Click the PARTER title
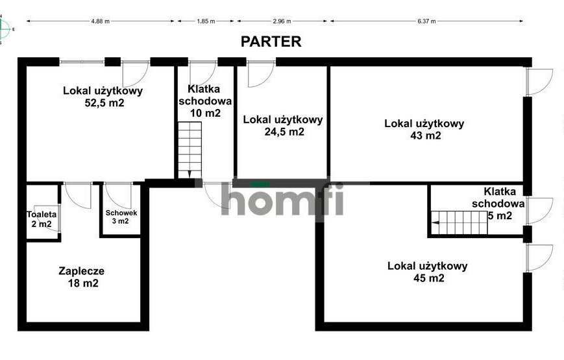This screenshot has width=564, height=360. (x=271, y=42)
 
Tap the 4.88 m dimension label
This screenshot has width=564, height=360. (x=101, y=21)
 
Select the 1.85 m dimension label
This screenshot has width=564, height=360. (x=206, y=21)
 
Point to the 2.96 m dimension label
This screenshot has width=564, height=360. (x=282, y=21)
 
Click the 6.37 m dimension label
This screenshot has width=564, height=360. (x=426, y=21)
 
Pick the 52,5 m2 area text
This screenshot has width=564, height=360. (x=104, y=103)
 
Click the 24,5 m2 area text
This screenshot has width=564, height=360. (x=284, y=132)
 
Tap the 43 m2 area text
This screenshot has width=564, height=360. (x=426, y=136)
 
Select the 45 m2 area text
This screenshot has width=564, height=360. (x=429, y=278)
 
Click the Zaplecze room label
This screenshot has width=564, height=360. (x=82, y=270)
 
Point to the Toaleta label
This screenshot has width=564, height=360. (x=42, y=214)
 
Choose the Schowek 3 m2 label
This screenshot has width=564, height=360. (x=121, y=217)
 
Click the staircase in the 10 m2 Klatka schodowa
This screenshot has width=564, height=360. (x=190, y=150)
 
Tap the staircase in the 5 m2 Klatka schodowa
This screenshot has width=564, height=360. (x=460, y=222)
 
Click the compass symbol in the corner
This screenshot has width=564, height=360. (x=5, y=29)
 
